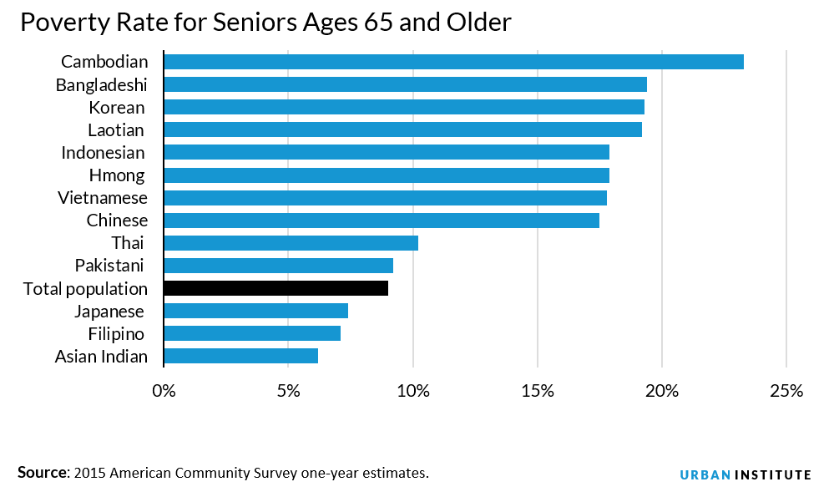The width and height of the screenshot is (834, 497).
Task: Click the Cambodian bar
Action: (x=453, y=62)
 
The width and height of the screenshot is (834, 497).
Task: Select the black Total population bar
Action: (x=276, y=288)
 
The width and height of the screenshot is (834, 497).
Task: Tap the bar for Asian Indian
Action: (x=241, y=357)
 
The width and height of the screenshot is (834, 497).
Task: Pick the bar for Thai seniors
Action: (x=291, y=243)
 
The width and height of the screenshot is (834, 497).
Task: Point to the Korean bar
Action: (x=404, y=107)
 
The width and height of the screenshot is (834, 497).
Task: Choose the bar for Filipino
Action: (x=252, y=334)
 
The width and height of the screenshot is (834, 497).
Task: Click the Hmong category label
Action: (x=116, y=175)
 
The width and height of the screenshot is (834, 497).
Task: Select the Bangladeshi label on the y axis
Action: (x=101, y=84)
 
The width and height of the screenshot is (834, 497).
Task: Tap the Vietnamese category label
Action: (x=103, y=198)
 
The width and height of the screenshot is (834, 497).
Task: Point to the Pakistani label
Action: (x=109, y=266)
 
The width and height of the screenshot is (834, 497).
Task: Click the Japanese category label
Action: (x=109, y=312)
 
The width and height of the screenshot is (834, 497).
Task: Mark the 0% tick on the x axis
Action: (x=164, y=391)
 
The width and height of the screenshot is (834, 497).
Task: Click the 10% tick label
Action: (x=412, y=391)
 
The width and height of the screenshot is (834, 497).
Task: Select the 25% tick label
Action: (x=786, y=391)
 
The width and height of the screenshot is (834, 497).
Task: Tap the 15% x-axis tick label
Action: (x=537, y=391)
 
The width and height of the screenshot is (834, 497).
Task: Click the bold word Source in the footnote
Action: (x=42, y=473)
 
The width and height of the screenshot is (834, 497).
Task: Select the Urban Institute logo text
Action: (x=745, y=474)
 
